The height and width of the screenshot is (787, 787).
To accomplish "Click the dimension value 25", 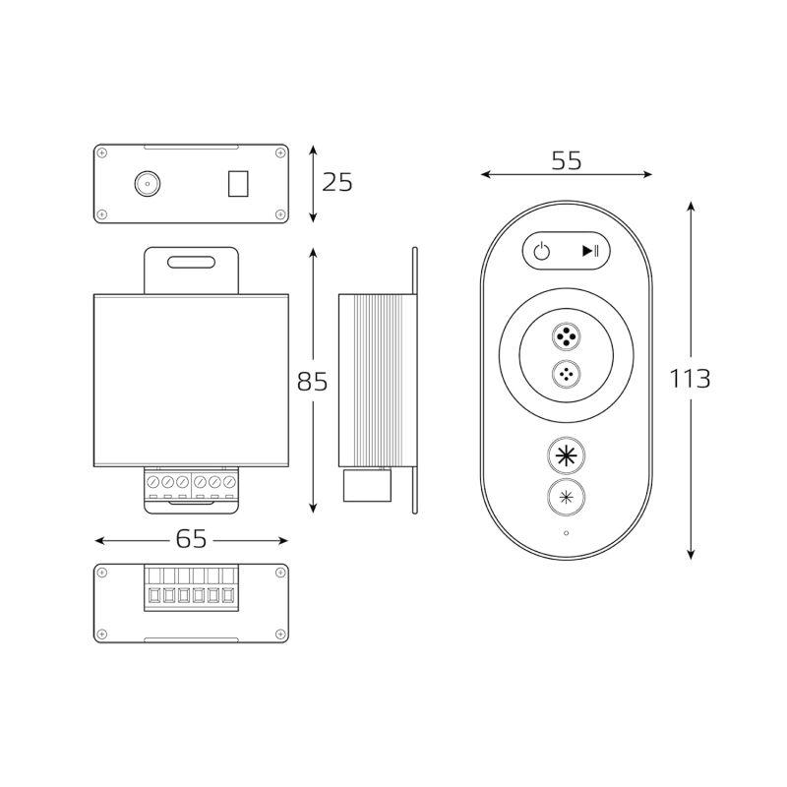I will coord(336,182).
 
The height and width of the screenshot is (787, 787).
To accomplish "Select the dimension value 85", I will coord(313,381).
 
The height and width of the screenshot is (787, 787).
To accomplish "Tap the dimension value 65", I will coord(191,539).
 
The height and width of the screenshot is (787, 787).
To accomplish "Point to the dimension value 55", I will coord(566,161).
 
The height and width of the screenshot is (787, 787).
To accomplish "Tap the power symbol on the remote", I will coord(542,251).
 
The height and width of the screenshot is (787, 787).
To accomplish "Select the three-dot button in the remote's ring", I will coord(566,374).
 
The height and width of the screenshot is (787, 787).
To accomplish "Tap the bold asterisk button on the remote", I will coord(566,455).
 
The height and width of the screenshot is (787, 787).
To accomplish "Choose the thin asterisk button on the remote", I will coord(566,497).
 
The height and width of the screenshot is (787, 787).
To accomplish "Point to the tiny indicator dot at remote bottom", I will coord(566,534).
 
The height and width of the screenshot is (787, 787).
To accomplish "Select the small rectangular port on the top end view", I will coord(238,184).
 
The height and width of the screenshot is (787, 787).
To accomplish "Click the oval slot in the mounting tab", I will coord(192,263).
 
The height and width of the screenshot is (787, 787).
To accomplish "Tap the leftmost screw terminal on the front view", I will coord(154,482).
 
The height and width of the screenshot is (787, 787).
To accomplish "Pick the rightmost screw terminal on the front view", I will coord(230,482).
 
